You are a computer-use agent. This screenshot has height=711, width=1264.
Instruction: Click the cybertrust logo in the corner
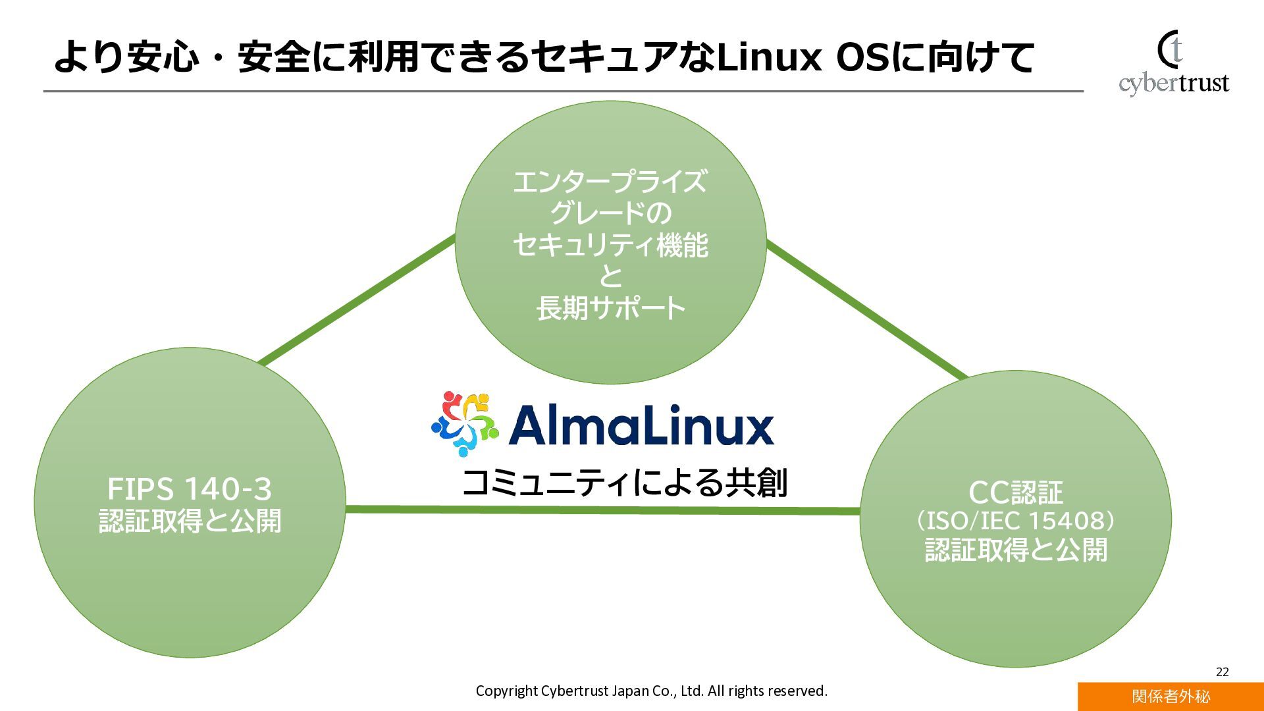[x=1173, y=64]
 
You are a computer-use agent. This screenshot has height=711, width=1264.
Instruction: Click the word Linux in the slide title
[x=769, y=57]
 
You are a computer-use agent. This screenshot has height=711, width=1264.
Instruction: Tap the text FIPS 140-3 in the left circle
[x=190, y=489]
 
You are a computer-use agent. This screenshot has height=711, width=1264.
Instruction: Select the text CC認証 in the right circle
[x=1016, y=492]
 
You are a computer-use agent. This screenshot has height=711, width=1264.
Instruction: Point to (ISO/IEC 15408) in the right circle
[x=1016, y=521]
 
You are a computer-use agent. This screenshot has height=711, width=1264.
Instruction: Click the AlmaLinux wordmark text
[x=641, y=426]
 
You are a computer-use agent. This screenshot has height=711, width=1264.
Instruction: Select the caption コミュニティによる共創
[x=624, y=483]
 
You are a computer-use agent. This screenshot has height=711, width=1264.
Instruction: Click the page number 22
[x=1222, y=671]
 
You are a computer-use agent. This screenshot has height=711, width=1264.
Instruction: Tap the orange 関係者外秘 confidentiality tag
[x=1171, y=697]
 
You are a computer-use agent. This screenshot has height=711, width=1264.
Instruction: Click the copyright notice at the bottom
[x=651, y=691]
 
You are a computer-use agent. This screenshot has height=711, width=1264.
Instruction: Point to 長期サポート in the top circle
[x=611, y=308]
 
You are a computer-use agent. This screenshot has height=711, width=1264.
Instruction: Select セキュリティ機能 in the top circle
[x=611, y=245]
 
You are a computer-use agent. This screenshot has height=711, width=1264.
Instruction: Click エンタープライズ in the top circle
[x=611, y=182]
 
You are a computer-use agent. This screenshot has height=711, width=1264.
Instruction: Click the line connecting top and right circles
[x=866, y=309]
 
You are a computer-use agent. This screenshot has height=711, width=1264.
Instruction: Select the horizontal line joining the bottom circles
[x=602, y=510]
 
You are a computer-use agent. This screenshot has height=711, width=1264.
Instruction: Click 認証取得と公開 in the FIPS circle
[x=190, y=521]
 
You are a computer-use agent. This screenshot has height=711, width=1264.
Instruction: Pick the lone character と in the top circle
[x=611, y=276]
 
